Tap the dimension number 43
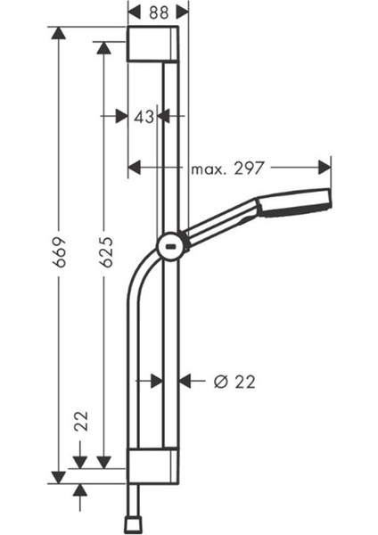click(x=144, y=115)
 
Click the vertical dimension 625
click(x=104, y=253)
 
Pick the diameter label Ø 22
click(x=235, y=381)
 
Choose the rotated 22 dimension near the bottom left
click(x=80, y=421)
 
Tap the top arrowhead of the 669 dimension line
click(x=59, y=33)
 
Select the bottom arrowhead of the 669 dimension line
click(x=59, y=476)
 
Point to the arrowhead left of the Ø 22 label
click(x=185, y=381)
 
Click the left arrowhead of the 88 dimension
click(x=134, y=11)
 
